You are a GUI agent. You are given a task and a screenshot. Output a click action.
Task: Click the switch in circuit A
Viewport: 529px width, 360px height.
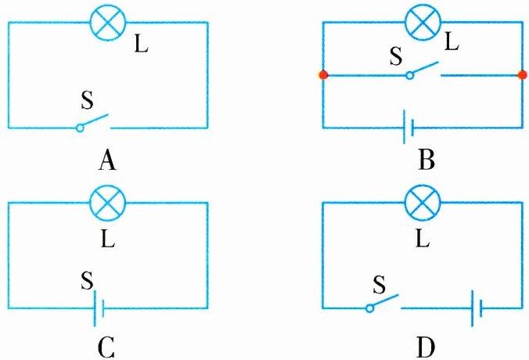click(x=93, y=124)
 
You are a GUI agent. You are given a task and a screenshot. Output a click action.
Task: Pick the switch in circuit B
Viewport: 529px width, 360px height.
click(x=423, y=71)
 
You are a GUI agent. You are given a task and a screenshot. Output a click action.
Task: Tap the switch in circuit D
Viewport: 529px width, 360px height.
click(x=384, y=303)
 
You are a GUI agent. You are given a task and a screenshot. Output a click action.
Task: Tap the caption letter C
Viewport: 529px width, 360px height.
click(x=107, y=344)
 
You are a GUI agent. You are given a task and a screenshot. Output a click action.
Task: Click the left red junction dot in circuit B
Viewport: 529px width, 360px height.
click(x=323, y=75)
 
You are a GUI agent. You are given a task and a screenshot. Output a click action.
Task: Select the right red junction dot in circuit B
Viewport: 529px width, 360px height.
click(x=522, y=75)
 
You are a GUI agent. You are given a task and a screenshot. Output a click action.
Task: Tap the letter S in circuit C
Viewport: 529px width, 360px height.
click(x=87, y=279)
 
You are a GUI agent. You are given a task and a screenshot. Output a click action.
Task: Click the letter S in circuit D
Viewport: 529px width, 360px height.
click(x=379, y=281)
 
